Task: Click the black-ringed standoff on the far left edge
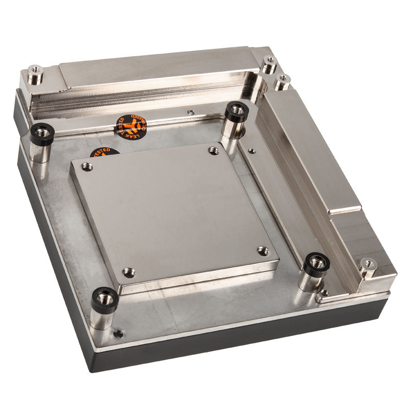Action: (x=42, y=134)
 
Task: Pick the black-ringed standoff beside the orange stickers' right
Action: (x=237, y=112)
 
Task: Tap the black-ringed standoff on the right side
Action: (x=315, y=264)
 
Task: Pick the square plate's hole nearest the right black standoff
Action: (x=262, y=251)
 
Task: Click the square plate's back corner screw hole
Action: (x=213, y=151)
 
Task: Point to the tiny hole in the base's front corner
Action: (x=118, y=333)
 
